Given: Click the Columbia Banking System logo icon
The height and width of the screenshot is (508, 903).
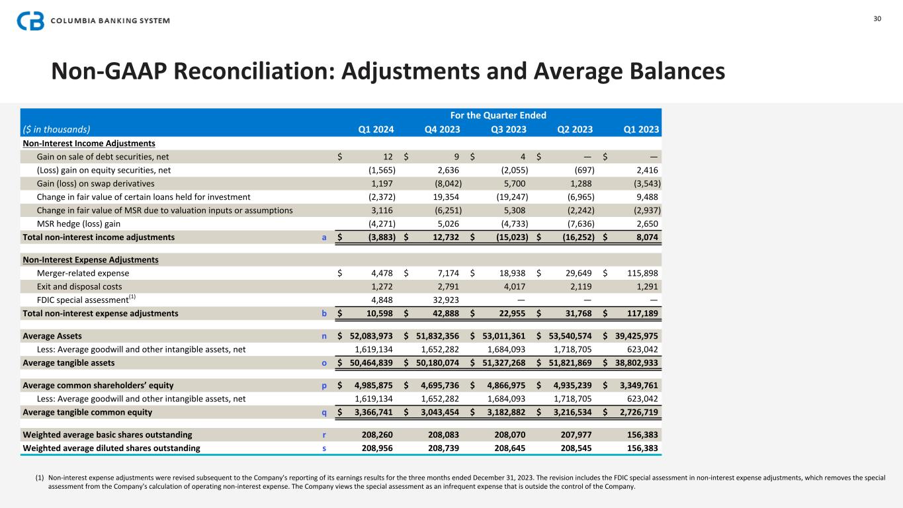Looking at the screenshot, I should click(30, 21).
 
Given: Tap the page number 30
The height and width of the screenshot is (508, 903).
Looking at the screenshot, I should click(877, 19).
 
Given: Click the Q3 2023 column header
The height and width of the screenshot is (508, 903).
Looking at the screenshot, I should click(509, 130).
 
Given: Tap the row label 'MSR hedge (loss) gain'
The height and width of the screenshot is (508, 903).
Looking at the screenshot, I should click(79, 224).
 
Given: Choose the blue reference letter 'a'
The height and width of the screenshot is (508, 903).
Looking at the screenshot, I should click(324, 237).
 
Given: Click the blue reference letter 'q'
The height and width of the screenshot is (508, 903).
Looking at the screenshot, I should click(323, 412).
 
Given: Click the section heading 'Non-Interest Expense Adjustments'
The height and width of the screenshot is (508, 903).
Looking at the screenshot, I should click(91, 260).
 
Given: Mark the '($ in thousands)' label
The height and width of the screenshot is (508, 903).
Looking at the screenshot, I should click(56, 130).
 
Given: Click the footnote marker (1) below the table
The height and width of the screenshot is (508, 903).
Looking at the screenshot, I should click(40, 478).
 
